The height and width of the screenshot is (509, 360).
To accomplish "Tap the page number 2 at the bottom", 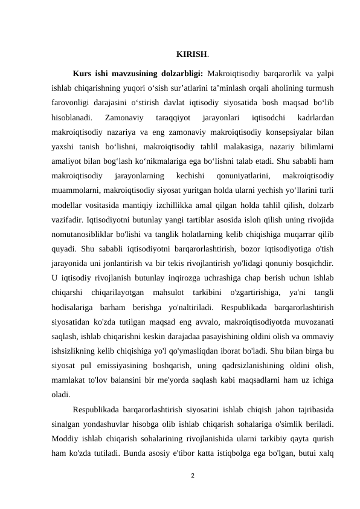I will point(191,476).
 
